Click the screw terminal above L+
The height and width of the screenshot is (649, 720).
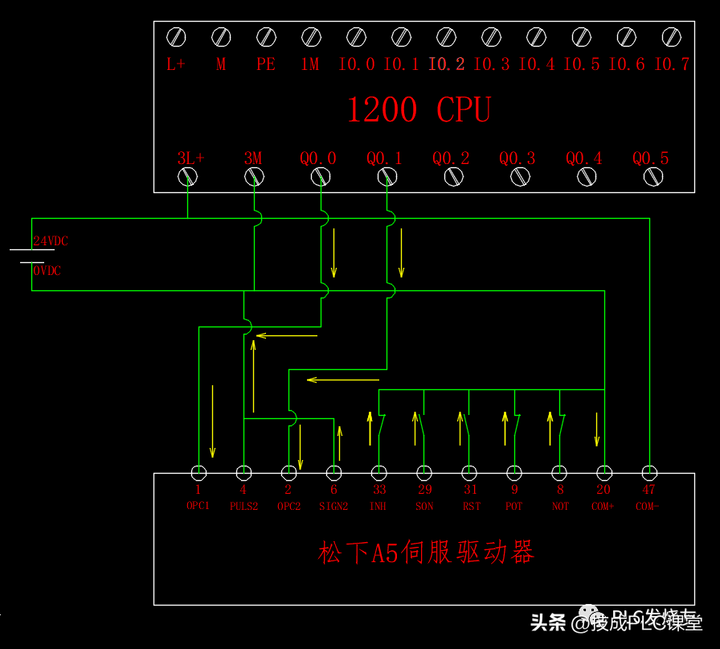176,37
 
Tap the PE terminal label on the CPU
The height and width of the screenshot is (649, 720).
266,65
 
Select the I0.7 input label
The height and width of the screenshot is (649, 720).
672,65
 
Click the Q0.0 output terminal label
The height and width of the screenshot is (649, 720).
318,158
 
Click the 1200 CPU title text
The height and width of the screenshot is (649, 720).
419,110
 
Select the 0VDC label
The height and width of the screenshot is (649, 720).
47,271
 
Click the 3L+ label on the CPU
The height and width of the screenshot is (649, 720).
190,158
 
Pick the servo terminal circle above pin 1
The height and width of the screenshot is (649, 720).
198,473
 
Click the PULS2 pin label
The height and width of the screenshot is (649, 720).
243,507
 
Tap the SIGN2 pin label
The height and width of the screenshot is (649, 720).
333,507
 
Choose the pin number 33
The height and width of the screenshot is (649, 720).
378,489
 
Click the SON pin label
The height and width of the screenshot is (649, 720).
424,507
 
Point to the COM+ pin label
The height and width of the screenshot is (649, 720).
603,507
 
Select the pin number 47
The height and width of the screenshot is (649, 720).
648,489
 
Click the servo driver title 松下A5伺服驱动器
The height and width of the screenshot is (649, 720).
426,553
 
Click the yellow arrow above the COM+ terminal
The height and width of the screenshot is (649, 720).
597,429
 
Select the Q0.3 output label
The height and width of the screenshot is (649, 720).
517,158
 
